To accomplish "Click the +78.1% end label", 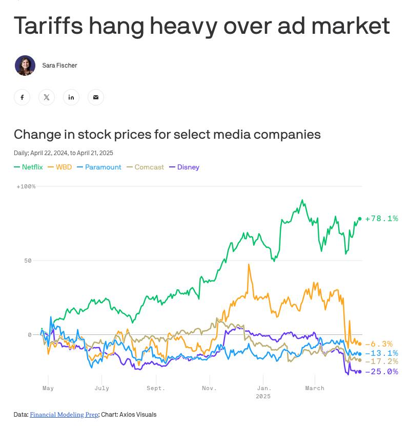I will [381, 219].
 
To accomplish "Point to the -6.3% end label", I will [379, 344].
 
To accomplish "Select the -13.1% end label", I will [381, 353].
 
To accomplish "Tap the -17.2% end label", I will [381, 361].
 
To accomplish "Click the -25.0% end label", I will [381, 372].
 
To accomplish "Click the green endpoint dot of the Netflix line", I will [360, 219].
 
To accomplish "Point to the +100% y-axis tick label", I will [26, 186].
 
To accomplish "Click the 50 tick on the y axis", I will [28, 261].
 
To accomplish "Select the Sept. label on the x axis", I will [155, 388].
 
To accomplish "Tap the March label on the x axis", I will [315, 388].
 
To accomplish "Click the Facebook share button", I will [22, 97].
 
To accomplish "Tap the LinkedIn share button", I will [71, 97].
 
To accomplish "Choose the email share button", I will [96, 97].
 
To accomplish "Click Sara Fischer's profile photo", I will [25, 66].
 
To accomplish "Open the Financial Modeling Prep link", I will [64, 415].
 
